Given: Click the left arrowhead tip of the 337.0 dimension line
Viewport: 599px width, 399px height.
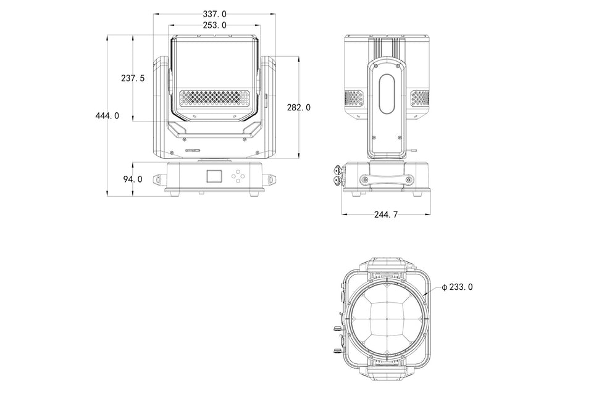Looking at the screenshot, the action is (x=154, y=14).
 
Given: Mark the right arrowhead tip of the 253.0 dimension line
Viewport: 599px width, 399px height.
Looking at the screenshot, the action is (x=261, y=25).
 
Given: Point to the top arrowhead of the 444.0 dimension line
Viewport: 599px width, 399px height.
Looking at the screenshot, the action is (x=108, y=36).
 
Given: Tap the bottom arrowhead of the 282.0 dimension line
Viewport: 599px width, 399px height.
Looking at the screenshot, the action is (x=298, y=158).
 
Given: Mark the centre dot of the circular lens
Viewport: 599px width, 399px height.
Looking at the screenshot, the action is (x=387, y=319).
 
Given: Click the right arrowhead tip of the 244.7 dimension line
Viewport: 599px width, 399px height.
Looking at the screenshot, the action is (x=431, y=214).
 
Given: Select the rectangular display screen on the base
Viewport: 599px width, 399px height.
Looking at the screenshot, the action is (x=214, y=176).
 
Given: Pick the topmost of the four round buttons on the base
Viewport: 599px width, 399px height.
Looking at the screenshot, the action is (x=238, y=171).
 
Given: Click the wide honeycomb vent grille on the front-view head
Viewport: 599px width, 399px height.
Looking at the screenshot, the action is (x=215, y=98).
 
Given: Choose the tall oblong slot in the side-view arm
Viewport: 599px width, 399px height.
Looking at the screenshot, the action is (x=387, y=94).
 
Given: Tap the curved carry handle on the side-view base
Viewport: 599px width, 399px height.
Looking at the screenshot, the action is (x=387, y=179).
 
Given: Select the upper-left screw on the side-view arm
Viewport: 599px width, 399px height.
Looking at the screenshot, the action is (x=376, y=67).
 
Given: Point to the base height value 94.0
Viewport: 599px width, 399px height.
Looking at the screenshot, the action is (x=133, y=179).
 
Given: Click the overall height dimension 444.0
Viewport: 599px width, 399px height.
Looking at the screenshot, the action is (x=107, y=115).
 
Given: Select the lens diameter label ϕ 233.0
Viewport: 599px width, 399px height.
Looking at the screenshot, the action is (x=457, y=287).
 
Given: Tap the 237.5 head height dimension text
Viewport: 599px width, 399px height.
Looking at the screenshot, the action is (x=133, y=78).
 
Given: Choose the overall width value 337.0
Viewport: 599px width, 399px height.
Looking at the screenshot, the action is (x=214, y=14).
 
